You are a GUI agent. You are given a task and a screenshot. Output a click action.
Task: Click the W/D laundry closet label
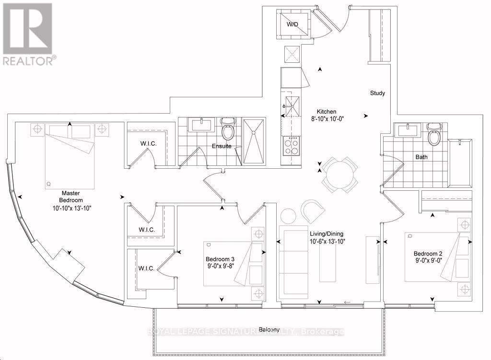click(292, 24)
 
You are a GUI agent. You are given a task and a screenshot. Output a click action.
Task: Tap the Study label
click(377, 93)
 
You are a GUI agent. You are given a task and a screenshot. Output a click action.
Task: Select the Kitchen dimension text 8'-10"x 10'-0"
click(327, 119)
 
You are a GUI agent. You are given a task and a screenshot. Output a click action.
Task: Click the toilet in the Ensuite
click(227, 128)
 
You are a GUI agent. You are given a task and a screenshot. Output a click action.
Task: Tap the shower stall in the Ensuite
click(254, 141)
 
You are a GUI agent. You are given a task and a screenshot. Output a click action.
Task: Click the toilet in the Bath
click(434, 134)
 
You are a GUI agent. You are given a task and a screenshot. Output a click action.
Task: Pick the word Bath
click(421, 157)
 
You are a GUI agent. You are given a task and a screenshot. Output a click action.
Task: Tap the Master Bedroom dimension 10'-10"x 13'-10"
click(72, 208)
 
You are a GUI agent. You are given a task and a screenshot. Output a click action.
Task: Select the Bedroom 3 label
click(220, 259)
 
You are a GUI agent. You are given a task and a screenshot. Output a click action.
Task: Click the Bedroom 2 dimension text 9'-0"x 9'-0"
click(428, 260)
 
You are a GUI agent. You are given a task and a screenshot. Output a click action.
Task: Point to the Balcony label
click(269, 329)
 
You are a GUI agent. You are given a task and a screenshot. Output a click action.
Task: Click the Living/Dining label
click(327, 233)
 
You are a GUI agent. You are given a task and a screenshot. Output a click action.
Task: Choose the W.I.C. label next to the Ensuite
click(149, 144)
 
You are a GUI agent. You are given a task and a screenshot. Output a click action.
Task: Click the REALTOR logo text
click(28, 60)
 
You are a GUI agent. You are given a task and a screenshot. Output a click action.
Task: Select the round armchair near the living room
click(313, 210)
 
